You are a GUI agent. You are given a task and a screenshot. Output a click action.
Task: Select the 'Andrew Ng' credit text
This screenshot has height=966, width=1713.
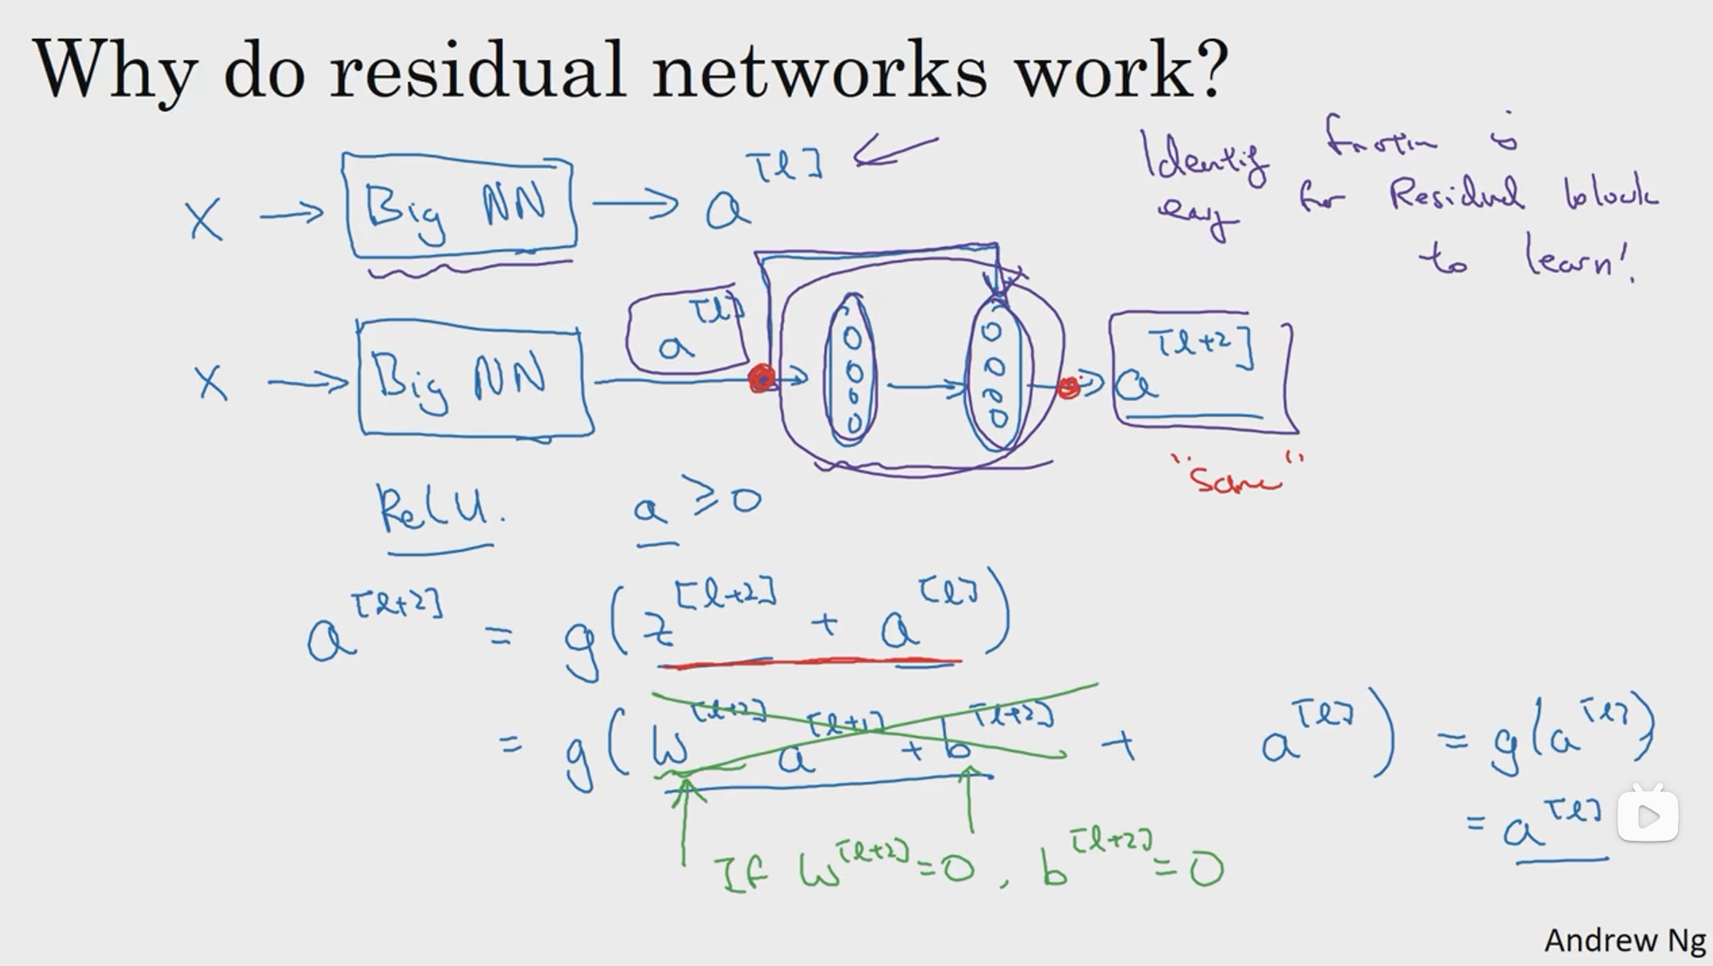point(1624,940)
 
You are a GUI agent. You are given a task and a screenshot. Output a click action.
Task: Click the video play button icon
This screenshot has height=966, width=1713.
point(1647,816)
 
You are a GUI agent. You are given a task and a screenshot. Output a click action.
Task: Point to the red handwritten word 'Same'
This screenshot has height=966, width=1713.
point(1235,478)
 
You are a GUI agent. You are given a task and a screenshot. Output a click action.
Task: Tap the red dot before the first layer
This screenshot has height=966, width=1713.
point(761,378)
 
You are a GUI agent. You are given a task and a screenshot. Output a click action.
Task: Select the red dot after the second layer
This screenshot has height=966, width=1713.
point(1068,387)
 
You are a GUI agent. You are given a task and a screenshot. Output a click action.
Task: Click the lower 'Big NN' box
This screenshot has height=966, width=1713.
point(473,378)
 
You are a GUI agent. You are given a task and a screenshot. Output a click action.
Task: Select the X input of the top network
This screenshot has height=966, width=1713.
point(205,219)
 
